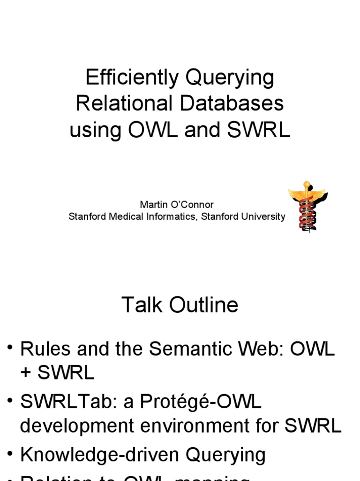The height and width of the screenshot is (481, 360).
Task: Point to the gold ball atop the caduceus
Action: (307, 184)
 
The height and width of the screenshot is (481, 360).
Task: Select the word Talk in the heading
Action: (137, 305)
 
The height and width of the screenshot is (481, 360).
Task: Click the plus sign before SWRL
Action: (26, 372)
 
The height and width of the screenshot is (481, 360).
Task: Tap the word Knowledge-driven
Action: (100, 455)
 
